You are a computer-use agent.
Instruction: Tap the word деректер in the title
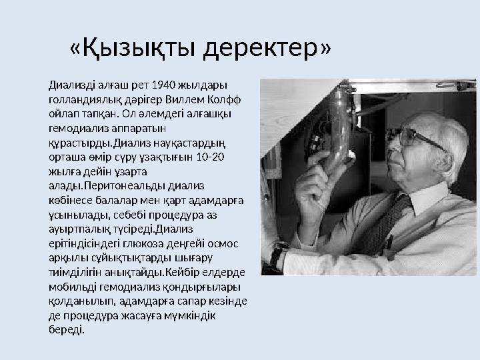pyautogui.click(x=262, y=48)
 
